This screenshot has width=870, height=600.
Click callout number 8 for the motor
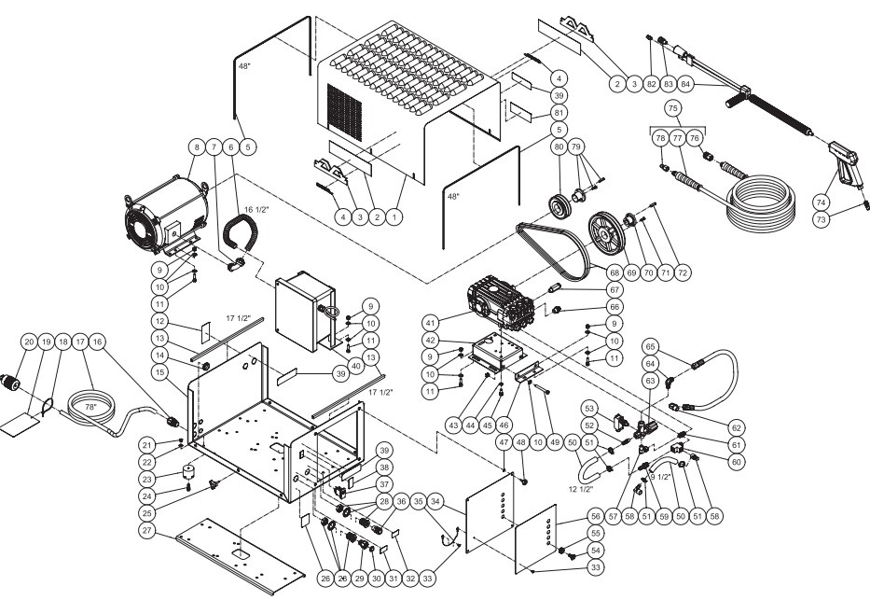tap(197, 147)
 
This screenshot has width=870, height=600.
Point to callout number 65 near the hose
tap(652, 344)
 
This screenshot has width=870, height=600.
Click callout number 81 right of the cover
tap(558, 113)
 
